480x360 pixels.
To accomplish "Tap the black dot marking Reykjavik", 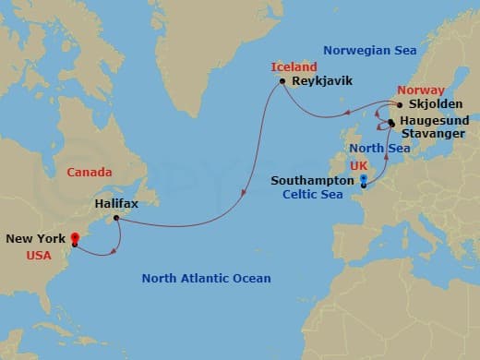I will tap(282, 81).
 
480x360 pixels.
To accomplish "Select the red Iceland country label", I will tap(294, 66).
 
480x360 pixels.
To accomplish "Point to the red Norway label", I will tap(414, 90).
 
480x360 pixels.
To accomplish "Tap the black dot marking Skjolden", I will tap(399, 105).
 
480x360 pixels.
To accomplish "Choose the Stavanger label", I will tap(433, 134).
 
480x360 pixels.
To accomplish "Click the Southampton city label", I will tap(312, 182).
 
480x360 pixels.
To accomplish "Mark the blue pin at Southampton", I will tap(364, 181).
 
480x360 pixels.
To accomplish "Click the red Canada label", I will tap(90, 173).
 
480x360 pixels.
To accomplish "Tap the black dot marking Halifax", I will tap(116, 219).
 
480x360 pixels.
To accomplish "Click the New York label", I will tap(35, 238).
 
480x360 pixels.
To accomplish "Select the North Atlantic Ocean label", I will tap(206, 278).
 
